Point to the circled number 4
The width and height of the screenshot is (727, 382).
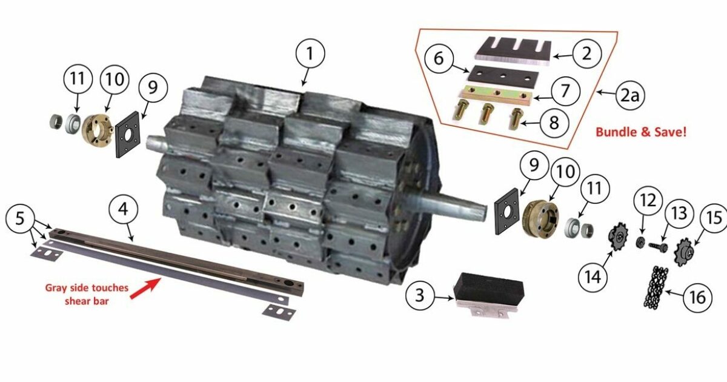pyautogui.click(x=124, y=209)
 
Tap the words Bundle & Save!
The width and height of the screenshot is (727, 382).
pyautogui.click(x=641, y=131)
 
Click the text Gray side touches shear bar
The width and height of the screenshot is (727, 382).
pyautogui.click(x=87, y=293)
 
